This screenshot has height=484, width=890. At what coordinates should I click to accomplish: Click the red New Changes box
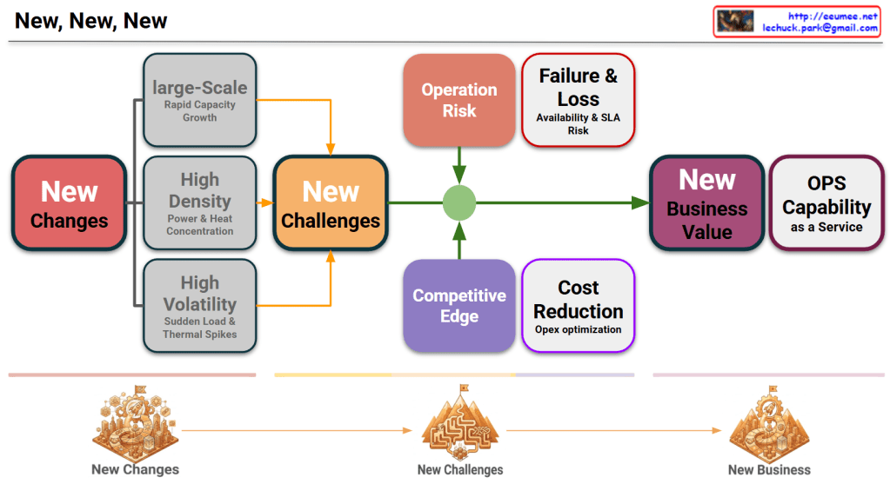[x=69, y=203]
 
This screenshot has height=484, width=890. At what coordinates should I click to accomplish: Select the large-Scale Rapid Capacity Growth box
[x=199, y=100]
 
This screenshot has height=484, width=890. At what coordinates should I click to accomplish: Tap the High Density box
[x=199, y=203]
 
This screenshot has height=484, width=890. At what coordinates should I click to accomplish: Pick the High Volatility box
[x=199, y=305]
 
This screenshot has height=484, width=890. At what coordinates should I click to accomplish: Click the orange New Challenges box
[x=331, y=203]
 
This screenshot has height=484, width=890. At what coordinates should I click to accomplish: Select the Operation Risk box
[x=459, y=100]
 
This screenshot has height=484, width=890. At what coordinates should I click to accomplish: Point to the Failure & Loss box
[x=578, y=100]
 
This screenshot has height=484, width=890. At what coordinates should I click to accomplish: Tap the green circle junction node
[x=459, y=203]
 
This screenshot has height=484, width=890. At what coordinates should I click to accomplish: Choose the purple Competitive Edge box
[x=459, y=305]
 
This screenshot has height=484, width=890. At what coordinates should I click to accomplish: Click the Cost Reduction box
[x=578, y=305]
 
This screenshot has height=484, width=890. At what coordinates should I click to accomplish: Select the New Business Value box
[x=706, y=203]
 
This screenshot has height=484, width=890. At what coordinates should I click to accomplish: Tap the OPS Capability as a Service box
[x=826, y=203]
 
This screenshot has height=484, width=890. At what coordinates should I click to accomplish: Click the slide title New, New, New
[x=91, y=21]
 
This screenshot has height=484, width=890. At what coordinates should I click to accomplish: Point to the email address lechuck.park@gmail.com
[x=820, y=28]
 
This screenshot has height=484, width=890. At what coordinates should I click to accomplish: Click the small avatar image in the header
[x=735, y=22]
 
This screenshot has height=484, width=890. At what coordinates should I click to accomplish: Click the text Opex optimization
[x=578, y=330]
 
